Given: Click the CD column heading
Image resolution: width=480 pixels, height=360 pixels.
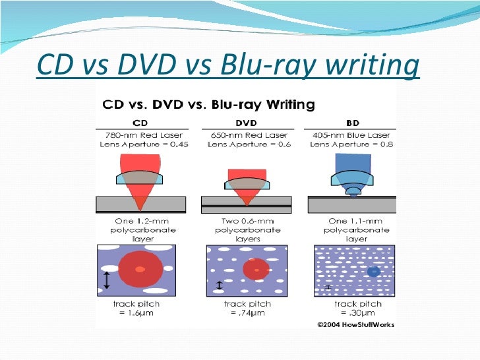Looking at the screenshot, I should pos(140,123).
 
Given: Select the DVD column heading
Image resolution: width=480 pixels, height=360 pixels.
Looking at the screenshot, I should pos(247,123).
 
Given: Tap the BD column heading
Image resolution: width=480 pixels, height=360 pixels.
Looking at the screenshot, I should pos(353,123).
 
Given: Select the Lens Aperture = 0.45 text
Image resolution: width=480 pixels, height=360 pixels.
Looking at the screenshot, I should pos(140,144).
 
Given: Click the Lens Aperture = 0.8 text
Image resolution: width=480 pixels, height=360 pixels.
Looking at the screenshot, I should pos(353,144).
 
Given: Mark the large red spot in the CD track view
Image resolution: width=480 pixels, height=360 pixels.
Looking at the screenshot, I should pos(139,270).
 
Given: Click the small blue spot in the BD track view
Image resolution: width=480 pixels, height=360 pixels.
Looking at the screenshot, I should pos(373,272).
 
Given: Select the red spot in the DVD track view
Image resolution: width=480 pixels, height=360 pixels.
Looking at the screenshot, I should pos(255,269).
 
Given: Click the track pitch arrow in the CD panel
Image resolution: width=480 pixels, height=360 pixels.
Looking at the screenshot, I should pos(105,280).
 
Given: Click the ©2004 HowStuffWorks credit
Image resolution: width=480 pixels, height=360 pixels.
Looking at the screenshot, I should pos(355,324).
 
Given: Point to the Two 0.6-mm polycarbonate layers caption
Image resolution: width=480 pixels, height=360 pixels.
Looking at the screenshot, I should pos(247,230).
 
